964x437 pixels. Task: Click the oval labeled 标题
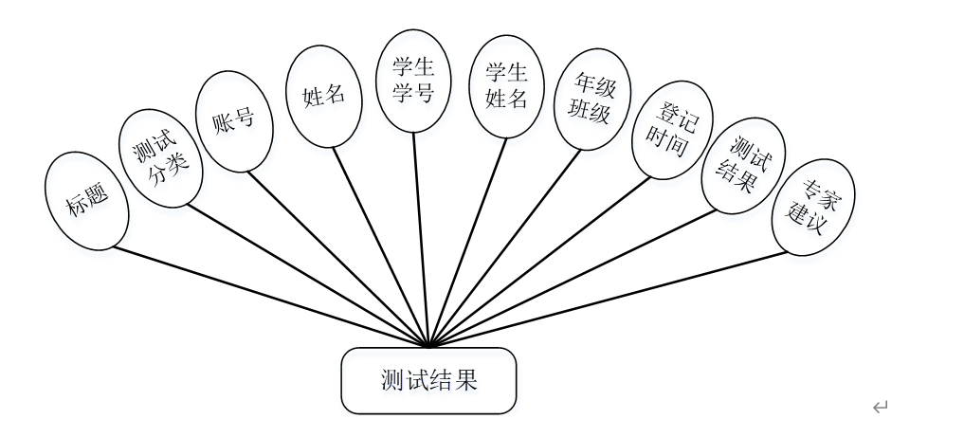tap(86, 201)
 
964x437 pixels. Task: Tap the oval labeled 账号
tap(234, 123)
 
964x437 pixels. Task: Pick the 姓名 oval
tap(323, 97)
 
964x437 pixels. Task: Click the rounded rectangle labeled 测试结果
tap(428, 381)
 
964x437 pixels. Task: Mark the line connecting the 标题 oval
tap(270, 297)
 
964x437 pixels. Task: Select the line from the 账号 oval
tap(338, 258)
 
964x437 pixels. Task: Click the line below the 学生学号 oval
tap(421, 237)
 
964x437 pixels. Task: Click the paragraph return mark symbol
tap(880, 408)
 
